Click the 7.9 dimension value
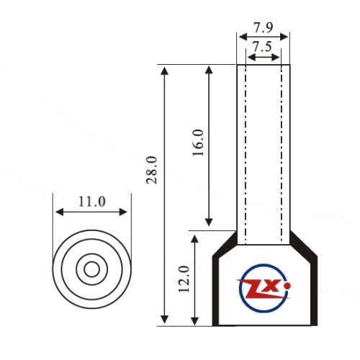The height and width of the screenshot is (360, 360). pyautogui.click(x=264, y=27)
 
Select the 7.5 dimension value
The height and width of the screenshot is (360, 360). pyautogui.click(x=262, y=47)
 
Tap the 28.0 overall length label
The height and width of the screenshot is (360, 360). pyautogui.click(x=152, y=170)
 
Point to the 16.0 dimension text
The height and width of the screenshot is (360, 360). pyautogui.click(x=198, y=143)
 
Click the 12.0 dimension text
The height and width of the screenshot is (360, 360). pyautogui.click(x=184, y=279)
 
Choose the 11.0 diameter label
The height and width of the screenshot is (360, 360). pyautogui.click(x=92, y=202)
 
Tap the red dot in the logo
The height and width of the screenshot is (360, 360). pyautogui.click(x=287, y=286)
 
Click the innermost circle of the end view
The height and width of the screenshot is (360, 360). pyautogui.click(x=92, y=261)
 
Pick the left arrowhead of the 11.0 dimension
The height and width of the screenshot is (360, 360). pyautogui.click(x=59, y=212)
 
